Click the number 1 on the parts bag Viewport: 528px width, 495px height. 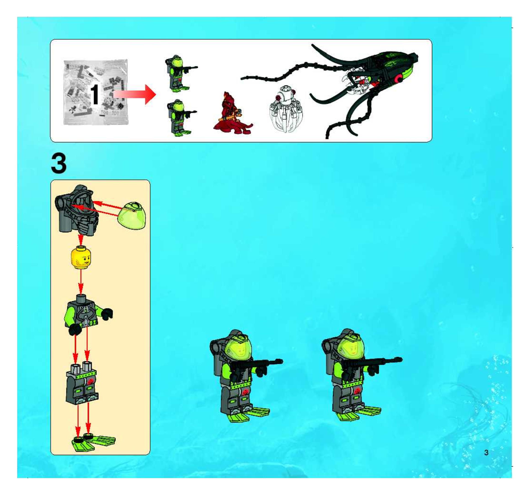pyautogui.click(x=95, y=95)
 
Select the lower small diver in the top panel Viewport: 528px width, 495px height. pyautogui.click(x=180, y=118)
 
